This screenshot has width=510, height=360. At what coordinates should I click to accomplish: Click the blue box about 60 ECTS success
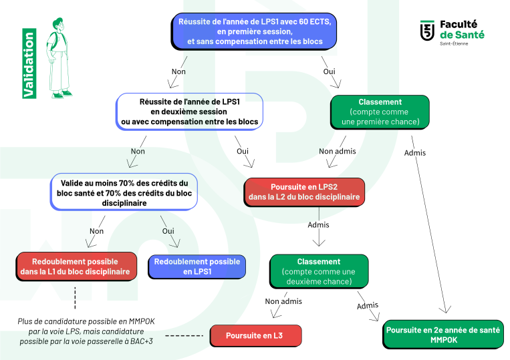click(x=254, y=31)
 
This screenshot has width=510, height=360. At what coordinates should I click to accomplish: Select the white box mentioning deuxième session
click(x=189, y=112)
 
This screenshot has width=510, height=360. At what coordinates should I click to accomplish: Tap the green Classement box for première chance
click(x=380, y=112)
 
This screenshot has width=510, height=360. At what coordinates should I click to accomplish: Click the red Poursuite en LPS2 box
click(x=304, y=192)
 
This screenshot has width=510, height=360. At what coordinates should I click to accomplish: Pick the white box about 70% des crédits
click(x=124, y=192)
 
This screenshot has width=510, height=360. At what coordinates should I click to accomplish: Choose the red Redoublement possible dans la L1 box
click(x=76, y=266)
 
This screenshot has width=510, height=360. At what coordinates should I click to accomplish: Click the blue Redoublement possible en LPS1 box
click(x=197, y=266)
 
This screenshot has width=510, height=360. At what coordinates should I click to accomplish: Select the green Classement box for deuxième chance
click(x=319, y=272)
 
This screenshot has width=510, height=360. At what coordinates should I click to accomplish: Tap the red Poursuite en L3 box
click(x=255, y=336)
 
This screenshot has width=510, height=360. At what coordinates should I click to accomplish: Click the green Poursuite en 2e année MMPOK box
click(x=443, y=335)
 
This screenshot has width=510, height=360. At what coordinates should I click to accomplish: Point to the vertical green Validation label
click(x=29, y=63)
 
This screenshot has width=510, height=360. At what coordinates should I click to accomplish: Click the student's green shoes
click(x=62, y=95)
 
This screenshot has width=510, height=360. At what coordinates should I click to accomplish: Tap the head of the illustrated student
click(x=59, y=24)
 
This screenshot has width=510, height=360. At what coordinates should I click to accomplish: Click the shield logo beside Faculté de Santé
click(x=427, y=31)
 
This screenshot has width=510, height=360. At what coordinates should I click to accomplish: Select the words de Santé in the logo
click(x=462, y=35)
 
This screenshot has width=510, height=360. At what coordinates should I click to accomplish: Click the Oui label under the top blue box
click(x=329, y=71)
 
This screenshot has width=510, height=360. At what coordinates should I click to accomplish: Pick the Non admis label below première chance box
click(x=338, y=151)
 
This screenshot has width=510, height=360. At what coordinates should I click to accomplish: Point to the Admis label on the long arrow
click(x=414, y=153)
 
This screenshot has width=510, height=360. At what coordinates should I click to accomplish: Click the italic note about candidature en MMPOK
click(x=86, y=331)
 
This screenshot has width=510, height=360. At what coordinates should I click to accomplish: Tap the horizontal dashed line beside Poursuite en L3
click(x=184, y=336)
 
